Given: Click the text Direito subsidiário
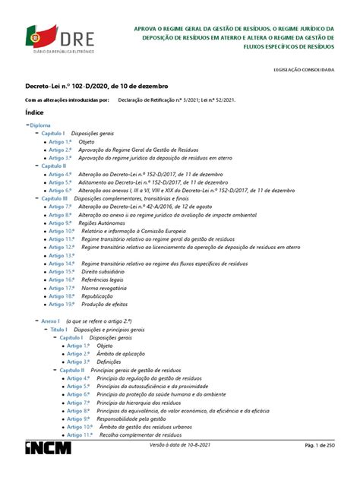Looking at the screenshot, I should (109, 272).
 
